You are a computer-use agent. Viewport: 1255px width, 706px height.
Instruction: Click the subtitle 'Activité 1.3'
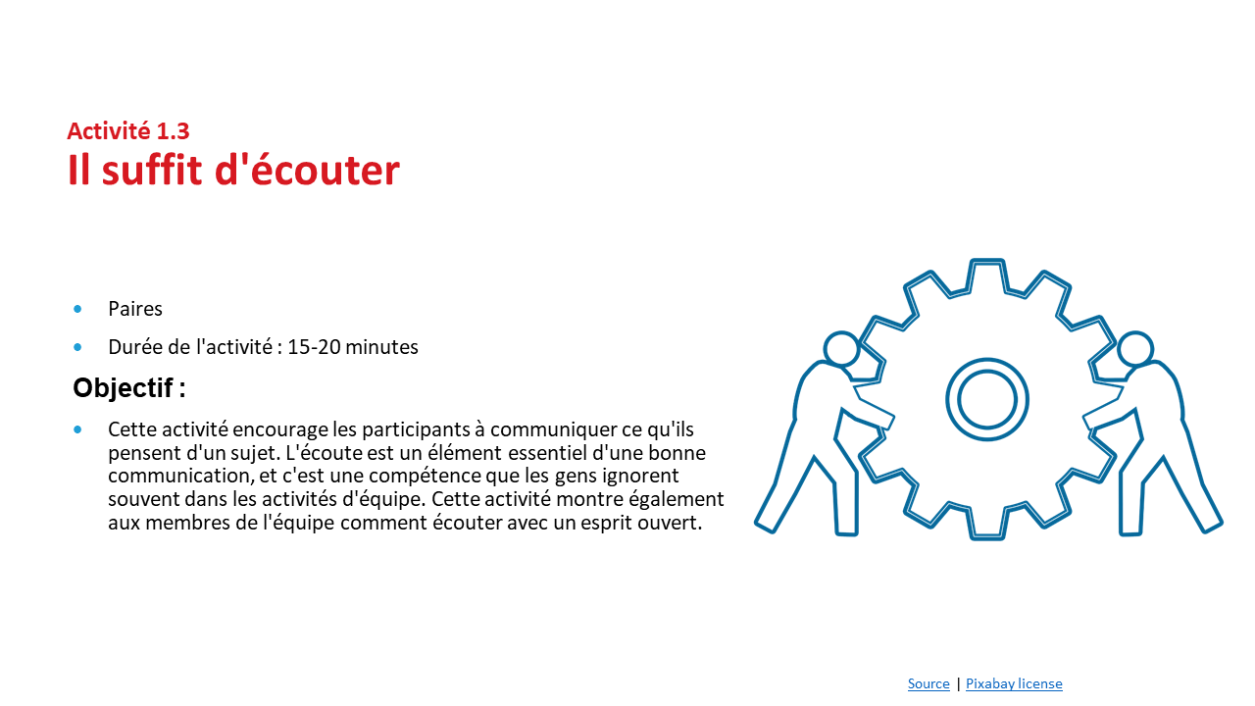pos(128,131)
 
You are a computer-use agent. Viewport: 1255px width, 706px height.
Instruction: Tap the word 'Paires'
pos(135,309)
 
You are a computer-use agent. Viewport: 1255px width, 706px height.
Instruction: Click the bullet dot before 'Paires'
pos(77,309)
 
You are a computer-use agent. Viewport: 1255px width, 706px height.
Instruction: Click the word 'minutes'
pos(381,347)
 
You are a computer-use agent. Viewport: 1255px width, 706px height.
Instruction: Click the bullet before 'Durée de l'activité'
pos(77,347)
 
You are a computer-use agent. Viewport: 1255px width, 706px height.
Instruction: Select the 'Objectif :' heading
pos(129,387)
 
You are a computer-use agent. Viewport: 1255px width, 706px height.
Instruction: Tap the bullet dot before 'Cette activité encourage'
pos(77,429)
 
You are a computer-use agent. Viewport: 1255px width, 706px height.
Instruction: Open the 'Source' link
pos(929,683)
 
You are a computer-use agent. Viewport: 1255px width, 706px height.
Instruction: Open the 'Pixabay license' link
pos(1014,683)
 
